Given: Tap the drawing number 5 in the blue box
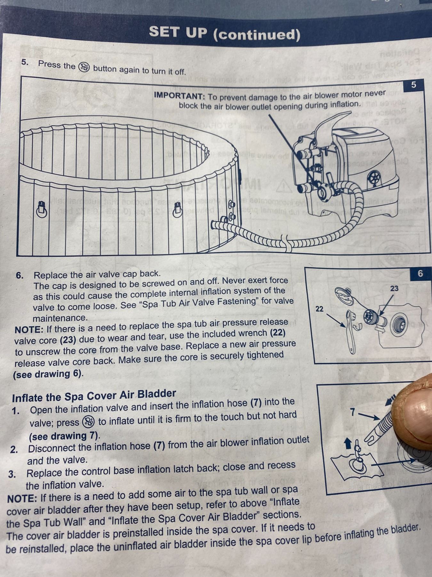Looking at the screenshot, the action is (x=413, y=85).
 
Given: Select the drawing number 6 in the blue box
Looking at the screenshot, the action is (x=420, y=273).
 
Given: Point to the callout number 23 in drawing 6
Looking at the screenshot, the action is (x=394, y=288).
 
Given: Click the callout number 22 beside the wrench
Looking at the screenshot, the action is (x=319, y=309).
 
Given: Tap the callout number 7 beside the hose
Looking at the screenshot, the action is (x=353, y=412).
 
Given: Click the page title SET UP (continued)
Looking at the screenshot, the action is (x=225, y=33).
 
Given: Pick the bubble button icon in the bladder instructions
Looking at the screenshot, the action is (x=88, y=422).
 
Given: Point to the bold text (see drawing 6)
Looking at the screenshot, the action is (x=48, y=374).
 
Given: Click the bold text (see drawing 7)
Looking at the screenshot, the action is (x=65, y=436).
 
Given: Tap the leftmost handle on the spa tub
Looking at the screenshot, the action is (x=42, y=209).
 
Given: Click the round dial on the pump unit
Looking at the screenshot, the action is (x=374, y=177).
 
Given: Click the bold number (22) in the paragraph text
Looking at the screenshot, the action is (x=278, y=333).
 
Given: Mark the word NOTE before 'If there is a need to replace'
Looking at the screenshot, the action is (x=29, y=330).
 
